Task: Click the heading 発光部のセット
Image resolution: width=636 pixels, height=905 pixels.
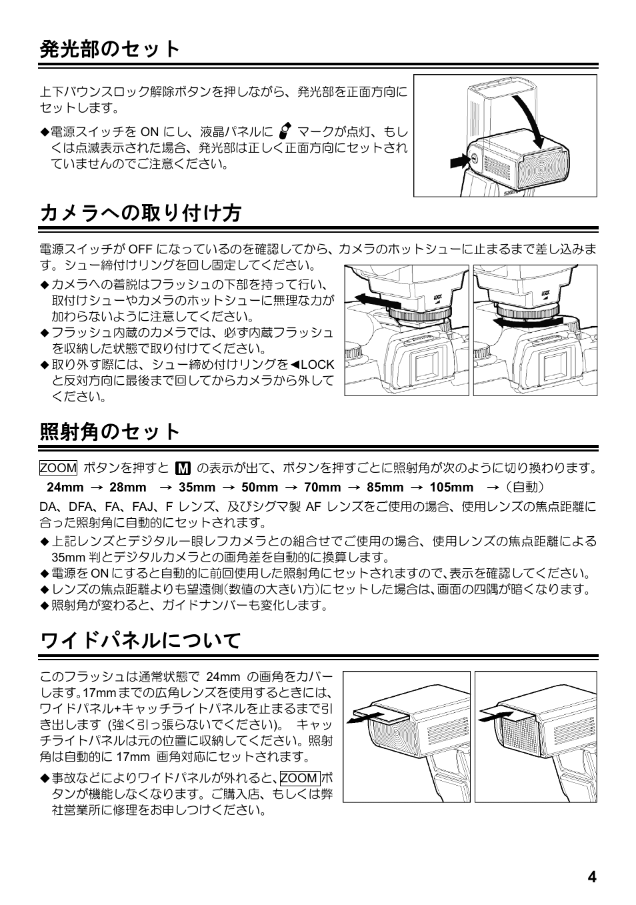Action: (x=111, y=49)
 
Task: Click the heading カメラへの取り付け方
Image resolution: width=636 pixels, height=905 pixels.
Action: (x=140, y=213)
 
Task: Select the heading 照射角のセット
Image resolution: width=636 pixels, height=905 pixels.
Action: (x=111, y=431)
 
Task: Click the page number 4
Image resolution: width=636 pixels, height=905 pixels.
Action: (x=591, y=876)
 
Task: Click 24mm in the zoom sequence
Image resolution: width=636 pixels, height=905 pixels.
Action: (x=65, y=488)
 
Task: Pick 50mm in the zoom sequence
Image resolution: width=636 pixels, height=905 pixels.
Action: (x=259, y=488)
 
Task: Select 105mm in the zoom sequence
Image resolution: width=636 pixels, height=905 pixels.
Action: (x=451, y=488)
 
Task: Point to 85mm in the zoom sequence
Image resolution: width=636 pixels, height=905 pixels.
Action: (x=385, y=488)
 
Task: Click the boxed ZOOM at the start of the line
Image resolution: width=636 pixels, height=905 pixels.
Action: (x=59, y=468)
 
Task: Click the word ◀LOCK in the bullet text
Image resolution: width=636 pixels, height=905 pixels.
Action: (x=313, y=365)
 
